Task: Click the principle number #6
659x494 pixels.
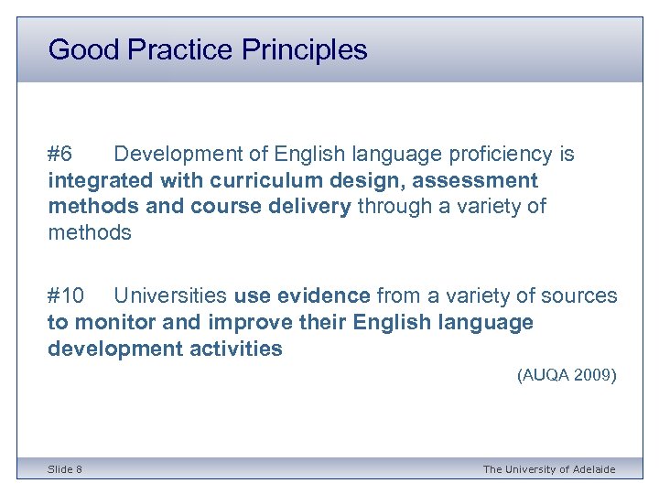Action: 66,154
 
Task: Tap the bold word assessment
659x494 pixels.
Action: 467,180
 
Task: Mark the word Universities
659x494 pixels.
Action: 170,295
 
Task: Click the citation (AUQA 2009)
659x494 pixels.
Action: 567,375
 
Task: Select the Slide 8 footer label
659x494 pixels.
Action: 65,469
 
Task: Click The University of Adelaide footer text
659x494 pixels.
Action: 549,469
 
